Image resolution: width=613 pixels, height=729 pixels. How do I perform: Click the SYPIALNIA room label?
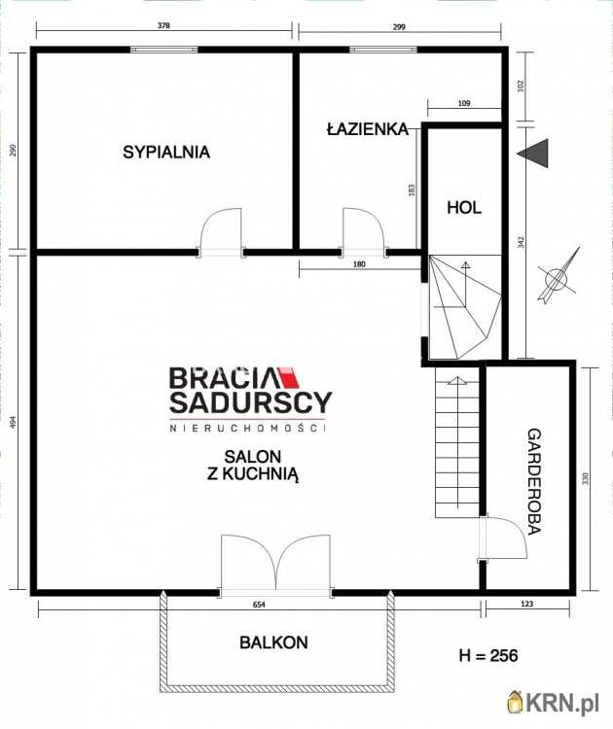166,152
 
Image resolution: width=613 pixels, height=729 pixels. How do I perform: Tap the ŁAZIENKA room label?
368,128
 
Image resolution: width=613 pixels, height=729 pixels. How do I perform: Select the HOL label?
464,207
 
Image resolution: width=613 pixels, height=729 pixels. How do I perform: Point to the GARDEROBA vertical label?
534,481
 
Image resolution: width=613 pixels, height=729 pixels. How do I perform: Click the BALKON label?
273,642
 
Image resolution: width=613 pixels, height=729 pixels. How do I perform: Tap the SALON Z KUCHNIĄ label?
253,465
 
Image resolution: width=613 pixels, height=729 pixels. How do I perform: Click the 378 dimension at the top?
163,25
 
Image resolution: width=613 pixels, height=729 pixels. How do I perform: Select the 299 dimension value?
399,26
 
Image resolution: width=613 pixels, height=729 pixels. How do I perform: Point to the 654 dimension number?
259,605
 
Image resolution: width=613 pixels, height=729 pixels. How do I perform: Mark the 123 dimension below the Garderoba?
527,604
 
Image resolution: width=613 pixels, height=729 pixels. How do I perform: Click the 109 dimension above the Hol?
464,103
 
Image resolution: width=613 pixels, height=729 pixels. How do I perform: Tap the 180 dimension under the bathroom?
359,264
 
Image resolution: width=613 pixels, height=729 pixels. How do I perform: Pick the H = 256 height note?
488,655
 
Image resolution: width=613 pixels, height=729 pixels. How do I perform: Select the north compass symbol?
559,276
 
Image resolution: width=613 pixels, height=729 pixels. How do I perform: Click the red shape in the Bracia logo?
288,377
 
